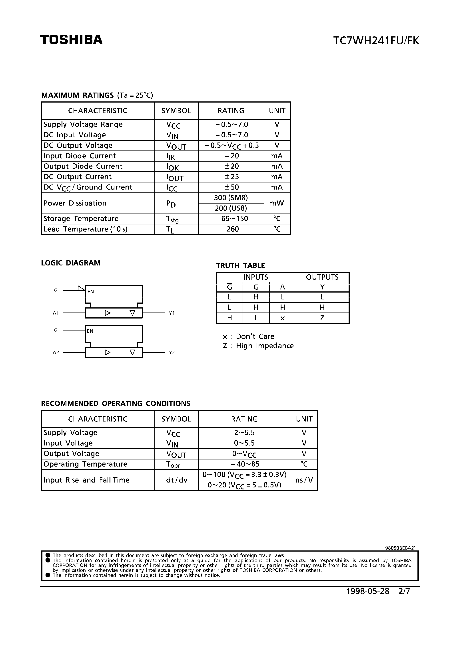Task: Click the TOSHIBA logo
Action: coord(71,40)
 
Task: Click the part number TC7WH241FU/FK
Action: coord(376,41)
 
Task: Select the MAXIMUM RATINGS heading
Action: coord(78,95)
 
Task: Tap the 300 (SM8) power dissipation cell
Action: coord(231,198)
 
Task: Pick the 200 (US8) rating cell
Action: coord(231,208)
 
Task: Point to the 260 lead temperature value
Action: coord(232,229)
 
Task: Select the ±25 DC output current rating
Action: coord(231,177)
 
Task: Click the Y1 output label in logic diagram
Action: coord(172,313)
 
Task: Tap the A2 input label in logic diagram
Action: coord(56,352)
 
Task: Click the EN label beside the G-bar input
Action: coord(91,291)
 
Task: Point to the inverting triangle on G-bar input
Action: coord(82,288)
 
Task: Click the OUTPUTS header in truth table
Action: coord(322,277)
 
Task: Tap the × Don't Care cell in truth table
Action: coord(282,318)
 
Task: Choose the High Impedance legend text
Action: coord(265,346)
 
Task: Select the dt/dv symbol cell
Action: coord(176,480)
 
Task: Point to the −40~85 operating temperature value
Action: coord(245,464)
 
